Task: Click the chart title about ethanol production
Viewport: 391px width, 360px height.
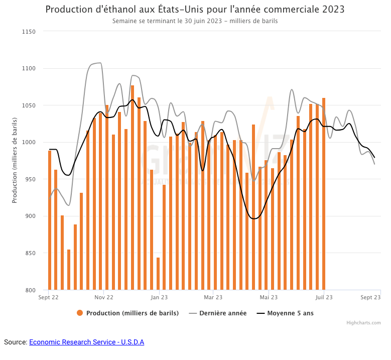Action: click(x=195, y=10)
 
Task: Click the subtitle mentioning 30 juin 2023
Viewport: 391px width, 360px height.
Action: click(x=195, y=21)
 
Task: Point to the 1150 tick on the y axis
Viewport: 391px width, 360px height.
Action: click(x=29, y=32)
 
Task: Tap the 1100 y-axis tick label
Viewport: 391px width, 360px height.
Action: click(x=29, y=68)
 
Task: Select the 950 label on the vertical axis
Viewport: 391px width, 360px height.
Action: click(x=30, y=179)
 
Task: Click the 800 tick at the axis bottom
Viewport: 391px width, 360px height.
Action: click(x=30, y=290)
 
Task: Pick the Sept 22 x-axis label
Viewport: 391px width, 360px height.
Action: click(x=49, y=297)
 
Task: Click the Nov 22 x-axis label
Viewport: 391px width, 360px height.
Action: click(x=104, y=297)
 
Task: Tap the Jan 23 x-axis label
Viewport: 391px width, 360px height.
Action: click(x=159, y=297)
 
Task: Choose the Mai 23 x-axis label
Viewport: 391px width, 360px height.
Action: click(x=269, y=297)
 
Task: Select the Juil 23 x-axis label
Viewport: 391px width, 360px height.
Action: click(x=324, y=297)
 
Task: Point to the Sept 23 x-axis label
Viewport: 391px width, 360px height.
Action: click(x=370, y=297)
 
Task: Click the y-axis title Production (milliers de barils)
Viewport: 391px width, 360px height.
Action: click(x=15, y=161)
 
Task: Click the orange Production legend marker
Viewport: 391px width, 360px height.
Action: click(x=80, y=313)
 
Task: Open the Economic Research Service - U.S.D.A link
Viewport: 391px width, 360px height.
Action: click(x=86, y=342)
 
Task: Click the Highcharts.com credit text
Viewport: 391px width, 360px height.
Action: click(x=363, y=323)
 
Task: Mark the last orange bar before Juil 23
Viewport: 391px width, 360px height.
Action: click(x=324, y=194)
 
